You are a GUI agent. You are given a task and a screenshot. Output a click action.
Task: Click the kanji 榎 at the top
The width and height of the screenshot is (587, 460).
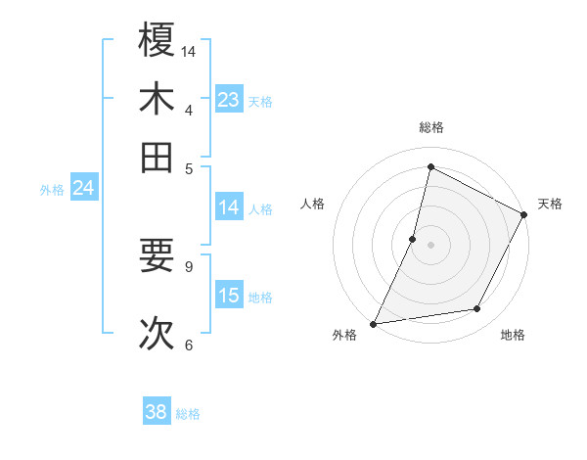[157, 40]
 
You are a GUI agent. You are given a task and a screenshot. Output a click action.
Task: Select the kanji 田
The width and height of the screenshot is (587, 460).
[157, 157]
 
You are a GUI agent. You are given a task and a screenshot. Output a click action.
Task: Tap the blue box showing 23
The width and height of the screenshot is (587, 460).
[229, 100]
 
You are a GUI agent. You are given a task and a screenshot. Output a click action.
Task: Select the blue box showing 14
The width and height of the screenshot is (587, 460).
[229, 207]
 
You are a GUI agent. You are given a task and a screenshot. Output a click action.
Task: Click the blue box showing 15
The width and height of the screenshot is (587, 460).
[229, 296]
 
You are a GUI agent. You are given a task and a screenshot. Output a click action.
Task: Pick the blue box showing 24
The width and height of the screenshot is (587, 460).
[83, 188]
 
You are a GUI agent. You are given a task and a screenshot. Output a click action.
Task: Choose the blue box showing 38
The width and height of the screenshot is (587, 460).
[157, 412]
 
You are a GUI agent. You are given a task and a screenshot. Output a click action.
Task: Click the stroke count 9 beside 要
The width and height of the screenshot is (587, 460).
[189, 265]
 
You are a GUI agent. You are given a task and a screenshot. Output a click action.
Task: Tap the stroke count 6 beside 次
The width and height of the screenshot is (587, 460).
[189, 345]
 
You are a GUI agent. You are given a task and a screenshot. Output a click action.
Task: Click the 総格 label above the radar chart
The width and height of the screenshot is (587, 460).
[430, 127]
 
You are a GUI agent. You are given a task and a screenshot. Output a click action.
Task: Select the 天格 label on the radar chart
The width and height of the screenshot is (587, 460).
[550, 204]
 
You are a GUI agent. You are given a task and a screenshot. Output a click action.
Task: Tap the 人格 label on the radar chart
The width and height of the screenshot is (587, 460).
[313, 204]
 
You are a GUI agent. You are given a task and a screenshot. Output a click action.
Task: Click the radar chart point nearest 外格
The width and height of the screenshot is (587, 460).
[373, 324]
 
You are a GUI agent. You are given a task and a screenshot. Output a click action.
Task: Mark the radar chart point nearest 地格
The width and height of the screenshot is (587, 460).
[477, 309]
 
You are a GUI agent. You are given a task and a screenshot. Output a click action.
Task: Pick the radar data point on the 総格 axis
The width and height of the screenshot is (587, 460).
[430, 166]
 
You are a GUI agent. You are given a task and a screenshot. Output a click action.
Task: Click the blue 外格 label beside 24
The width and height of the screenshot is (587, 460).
[51, 190]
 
